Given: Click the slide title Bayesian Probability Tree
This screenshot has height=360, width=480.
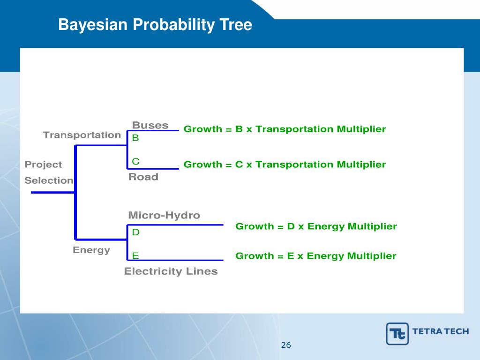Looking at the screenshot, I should point(155,25).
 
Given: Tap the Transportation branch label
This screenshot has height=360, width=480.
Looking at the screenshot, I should point(82,135).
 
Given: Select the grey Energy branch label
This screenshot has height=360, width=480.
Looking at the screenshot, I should point(91,250).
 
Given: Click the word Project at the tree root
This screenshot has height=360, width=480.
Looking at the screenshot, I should point(43,165).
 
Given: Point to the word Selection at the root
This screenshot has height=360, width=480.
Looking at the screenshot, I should point(49,180).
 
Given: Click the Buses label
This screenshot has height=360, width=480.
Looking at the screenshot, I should point(150,125).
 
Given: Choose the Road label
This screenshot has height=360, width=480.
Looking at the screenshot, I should point(143,177).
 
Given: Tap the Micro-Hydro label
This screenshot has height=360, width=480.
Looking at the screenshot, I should point(164,215).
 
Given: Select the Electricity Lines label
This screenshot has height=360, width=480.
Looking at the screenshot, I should point(171,271).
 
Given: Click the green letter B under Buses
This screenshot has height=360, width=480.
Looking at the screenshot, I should point(135,138).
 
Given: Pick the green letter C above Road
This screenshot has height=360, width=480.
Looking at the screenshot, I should point(135,162).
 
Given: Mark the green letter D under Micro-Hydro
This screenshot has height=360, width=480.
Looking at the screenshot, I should point(136,232).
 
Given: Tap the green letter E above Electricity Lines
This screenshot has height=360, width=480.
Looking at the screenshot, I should point(135,255).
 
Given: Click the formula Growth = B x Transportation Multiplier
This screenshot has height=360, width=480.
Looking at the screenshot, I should point(285,129).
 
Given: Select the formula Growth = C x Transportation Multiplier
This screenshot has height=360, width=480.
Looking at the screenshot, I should point(285,165).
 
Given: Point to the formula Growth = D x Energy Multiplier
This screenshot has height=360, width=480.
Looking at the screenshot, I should point(316,226).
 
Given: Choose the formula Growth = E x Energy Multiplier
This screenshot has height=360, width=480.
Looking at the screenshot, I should point(315,256).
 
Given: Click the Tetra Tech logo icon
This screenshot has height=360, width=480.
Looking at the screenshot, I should point(397,334).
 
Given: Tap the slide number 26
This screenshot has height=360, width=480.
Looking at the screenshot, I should point(286,345).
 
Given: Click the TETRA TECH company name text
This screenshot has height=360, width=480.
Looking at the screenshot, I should point(441,331).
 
